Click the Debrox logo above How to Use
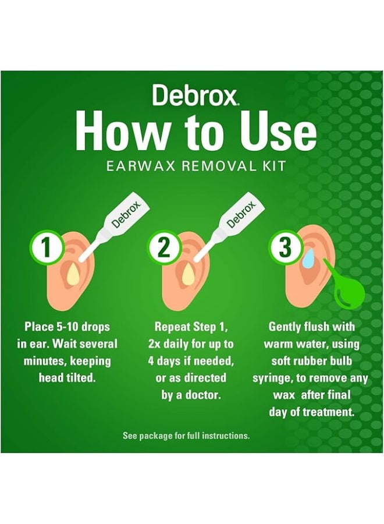pyautogui.click(x=195, y=95)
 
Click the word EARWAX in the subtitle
pyautogui.click(x=141, y=166)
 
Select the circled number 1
pyautogui.click(x=47, y=247)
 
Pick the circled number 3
pyautogui.click(x=285, y=247)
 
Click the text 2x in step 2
pyautogui.click(x=154, y=344)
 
